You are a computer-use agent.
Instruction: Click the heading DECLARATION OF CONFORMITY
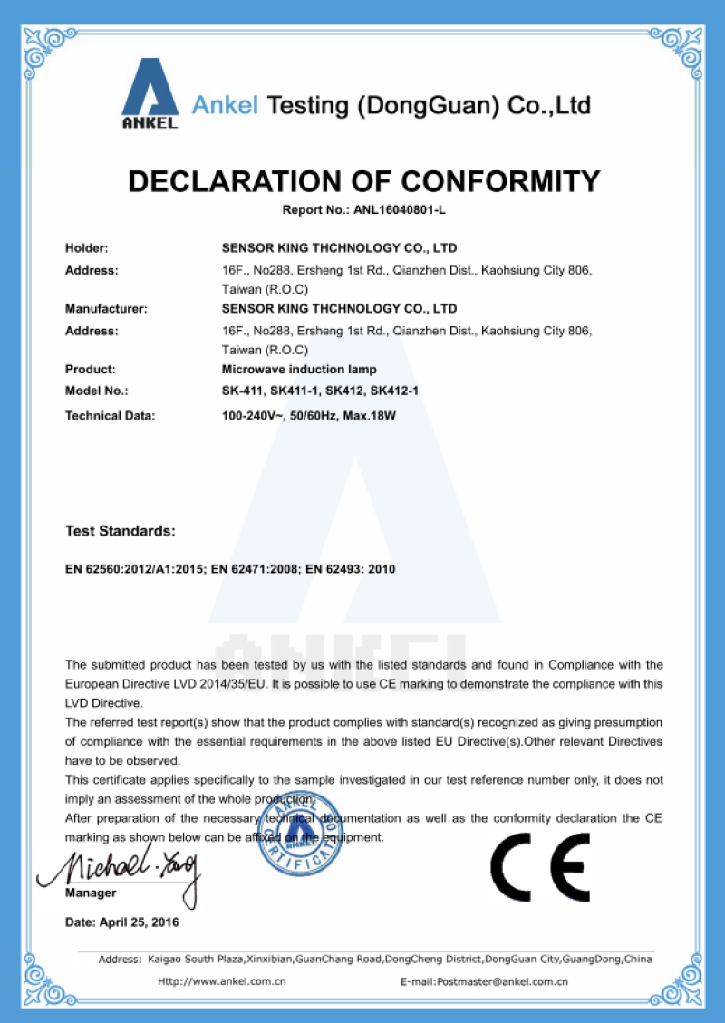(x=363, y=181)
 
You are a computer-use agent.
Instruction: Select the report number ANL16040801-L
(x=404, y=210)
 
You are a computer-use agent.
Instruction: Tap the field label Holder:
(x=87, y=247)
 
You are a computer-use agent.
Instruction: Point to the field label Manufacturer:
(x=106, y=308)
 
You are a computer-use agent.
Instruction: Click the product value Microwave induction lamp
(x=298, y=369)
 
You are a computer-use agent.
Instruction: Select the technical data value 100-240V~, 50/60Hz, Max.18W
(x=310, y=416)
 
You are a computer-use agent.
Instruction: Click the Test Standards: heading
(x=120, y=530)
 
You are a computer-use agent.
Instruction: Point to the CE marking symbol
(x=540, y=866)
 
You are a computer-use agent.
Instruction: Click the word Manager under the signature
(x=91, y=893)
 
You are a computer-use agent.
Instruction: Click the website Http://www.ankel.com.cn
(x=222, y=980)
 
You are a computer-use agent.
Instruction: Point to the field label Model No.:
(x=97, y=391)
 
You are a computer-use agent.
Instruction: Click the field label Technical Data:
(x=111, y=416)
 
